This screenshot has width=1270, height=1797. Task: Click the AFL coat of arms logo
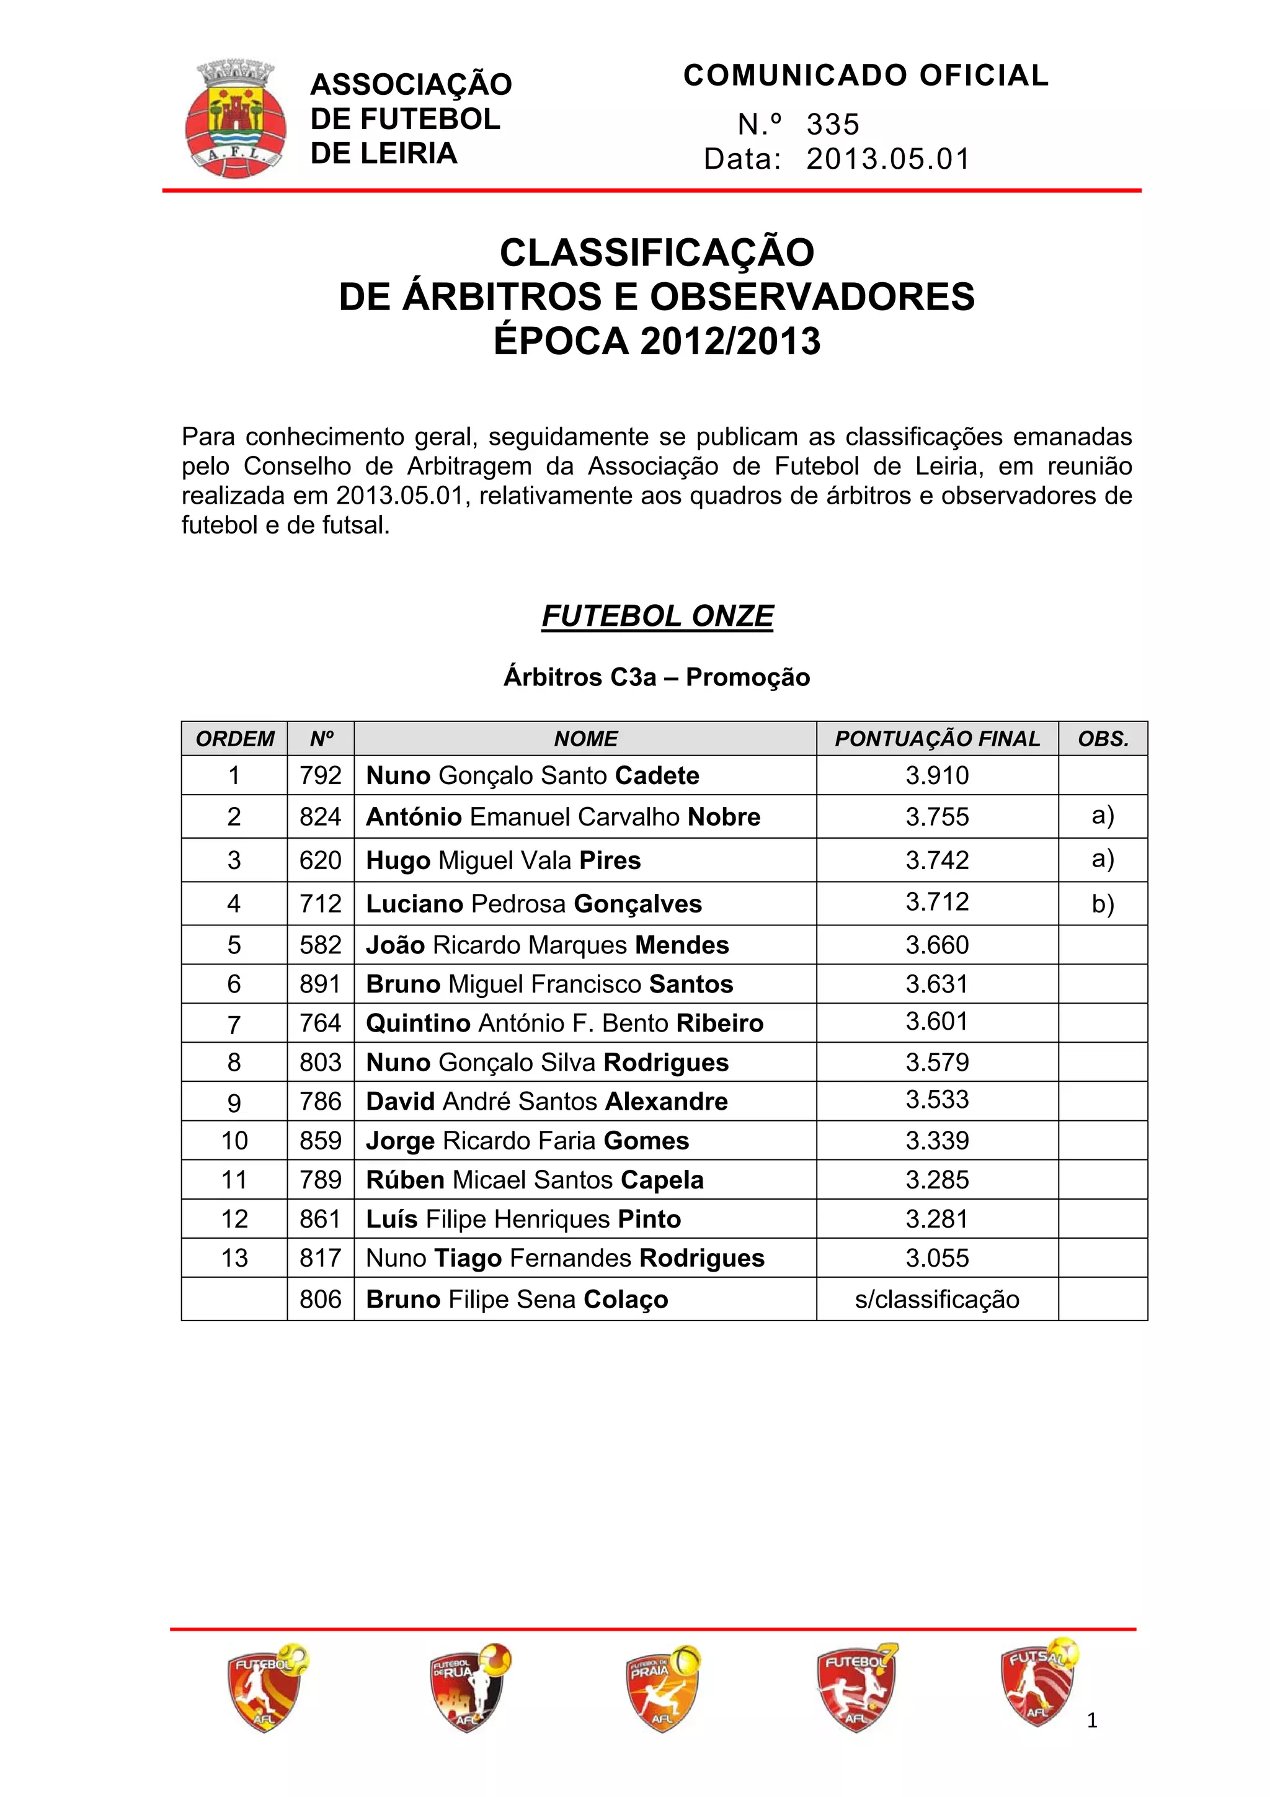(235, 120)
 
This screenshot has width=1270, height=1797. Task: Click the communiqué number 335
(833, 125)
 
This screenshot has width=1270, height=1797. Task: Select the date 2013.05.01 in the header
(887, 159)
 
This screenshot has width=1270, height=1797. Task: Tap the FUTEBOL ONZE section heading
(657, 616)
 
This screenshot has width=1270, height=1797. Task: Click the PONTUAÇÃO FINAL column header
(936, 739)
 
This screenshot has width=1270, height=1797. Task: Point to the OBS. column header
(1103, 739)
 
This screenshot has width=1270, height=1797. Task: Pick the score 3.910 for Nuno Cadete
(936, 775)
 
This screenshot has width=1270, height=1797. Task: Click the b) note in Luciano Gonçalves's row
(1103, 904)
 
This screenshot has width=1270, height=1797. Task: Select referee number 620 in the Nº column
(320, 860)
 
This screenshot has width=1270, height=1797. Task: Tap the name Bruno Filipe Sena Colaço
(517, 1300)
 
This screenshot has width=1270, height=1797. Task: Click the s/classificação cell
(936, 1300)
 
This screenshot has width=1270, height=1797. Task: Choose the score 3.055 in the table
(936, 1258)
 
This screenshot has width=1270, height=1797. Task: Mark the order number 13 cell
(234, 1258)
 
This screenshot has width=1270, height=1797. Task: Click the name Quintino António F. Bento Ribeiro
(564, 1023)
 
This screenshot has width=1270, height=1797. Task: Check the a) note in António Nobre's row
(1103, 816)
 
